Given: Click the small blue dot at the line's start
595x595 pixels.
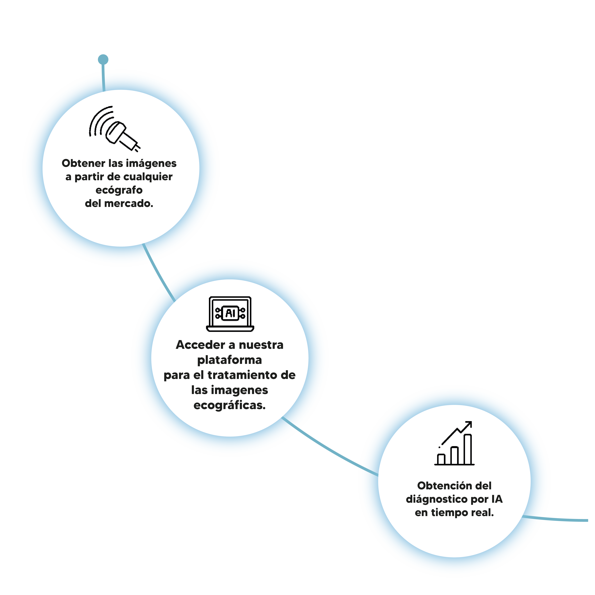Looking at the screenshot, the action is [103, 59].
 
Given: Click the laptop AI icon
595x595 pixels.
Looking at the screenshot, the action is [230, 314].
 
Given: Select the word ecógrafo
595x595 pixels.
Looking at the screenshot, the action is [119, 190].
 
